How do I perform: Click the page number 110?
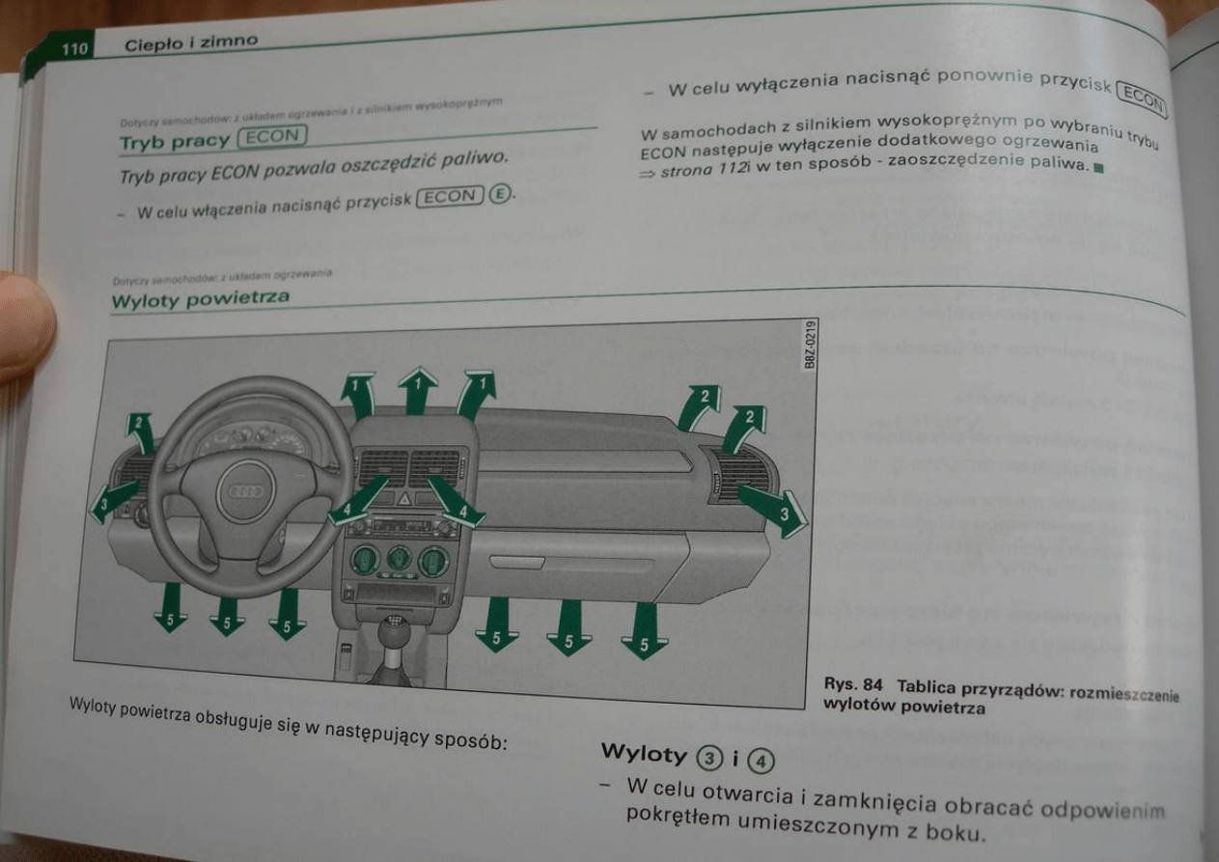click(74, 48)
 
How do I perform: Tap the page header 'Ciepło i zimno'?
click(191, 41)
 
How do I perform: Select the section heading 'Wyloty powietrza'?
click(200, 299)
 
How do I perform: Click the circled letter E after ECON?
click(499, 194)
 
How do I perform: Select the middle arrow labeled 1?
click(417, 388)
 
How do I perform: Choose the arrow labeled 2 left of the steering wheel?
click(140, 431)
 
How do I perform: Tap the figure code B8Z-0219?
click(809, 343)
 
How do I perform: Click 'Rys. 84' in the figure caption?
click(852, 685)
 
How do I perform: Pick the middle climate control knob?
click(399, 558)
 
